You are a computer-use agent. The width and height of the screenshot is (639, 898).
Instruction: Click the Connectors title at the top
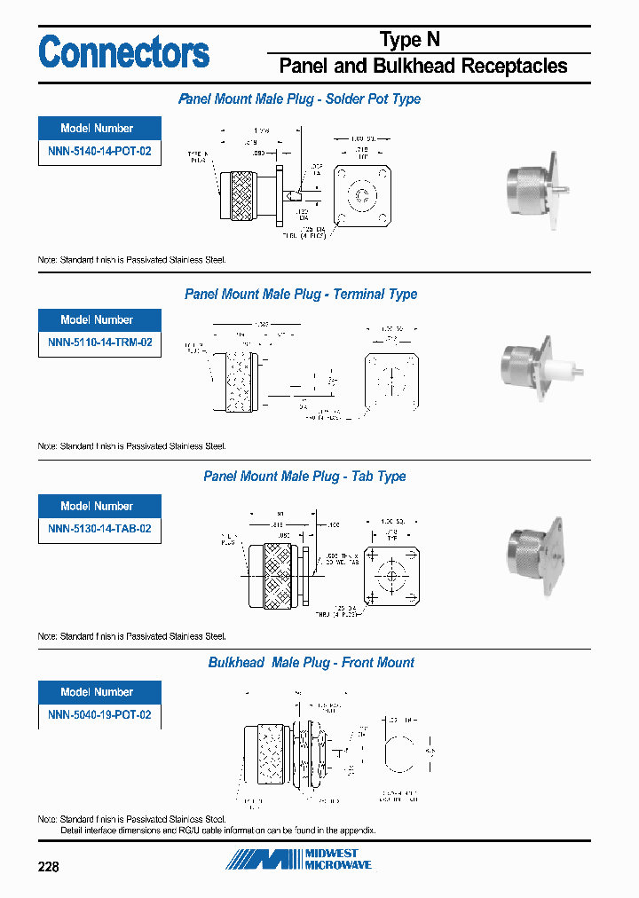click(124, 52)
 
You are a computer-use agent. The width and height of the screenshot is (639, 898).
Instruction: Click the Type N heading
click(409, 40)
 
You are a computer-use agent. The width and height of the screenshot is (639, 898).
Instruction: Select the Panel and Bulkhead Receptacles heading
click(423, 66)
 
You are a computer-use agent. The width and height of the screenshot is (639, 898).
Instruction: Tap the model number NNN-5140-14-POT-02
click(99, 152)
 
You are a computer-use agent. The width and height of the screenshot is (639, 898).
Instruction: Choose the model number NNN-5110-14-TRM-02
click(99, 343)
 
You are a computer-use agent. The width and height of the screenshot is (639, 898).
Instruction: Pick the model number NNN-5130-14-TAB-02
click(99, 529)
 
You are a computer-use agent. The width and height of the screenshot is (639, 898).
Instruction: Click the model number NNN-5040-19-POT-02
click(99, 715)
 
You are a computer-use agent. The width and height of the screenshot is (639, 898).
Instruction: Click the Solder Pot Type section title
click(300, 99)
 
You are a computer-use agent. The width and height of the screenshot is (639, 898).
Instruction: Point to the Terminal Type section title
click(300, 295)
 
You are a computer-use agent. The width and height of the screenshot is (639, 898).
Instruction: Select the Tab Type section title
click(304, 477)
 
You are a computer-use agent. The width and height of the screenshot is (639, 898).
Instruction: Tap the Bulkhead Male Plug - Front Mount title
click(311, 663)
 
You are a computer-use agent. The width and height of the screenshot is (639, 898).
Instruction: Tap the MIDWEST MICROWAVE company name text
click(338, 859)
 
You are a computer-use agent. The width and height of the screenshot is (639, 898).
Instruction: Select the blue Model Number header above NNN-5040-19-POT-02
click(99, 692)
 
